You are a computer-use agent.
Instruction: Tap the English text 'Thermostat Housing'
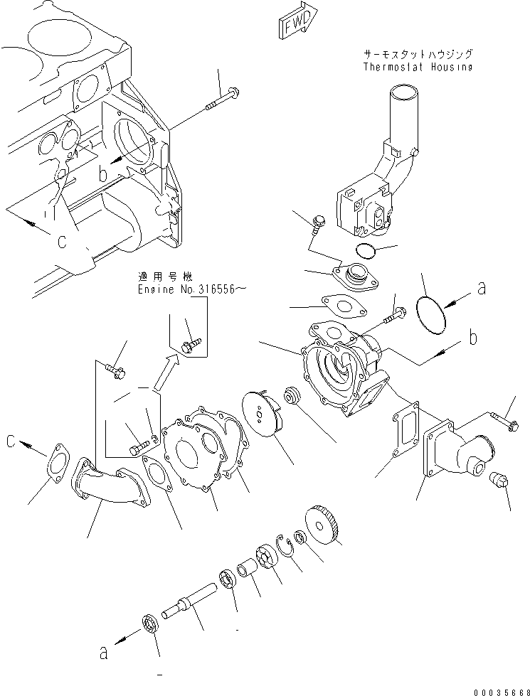417,67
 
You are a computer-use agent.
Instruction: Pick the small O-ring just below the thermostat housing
365,250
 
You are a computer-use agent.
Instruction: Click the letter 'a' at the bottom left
103,652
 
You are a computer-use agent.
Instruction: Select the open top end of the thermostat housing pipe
403,93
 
